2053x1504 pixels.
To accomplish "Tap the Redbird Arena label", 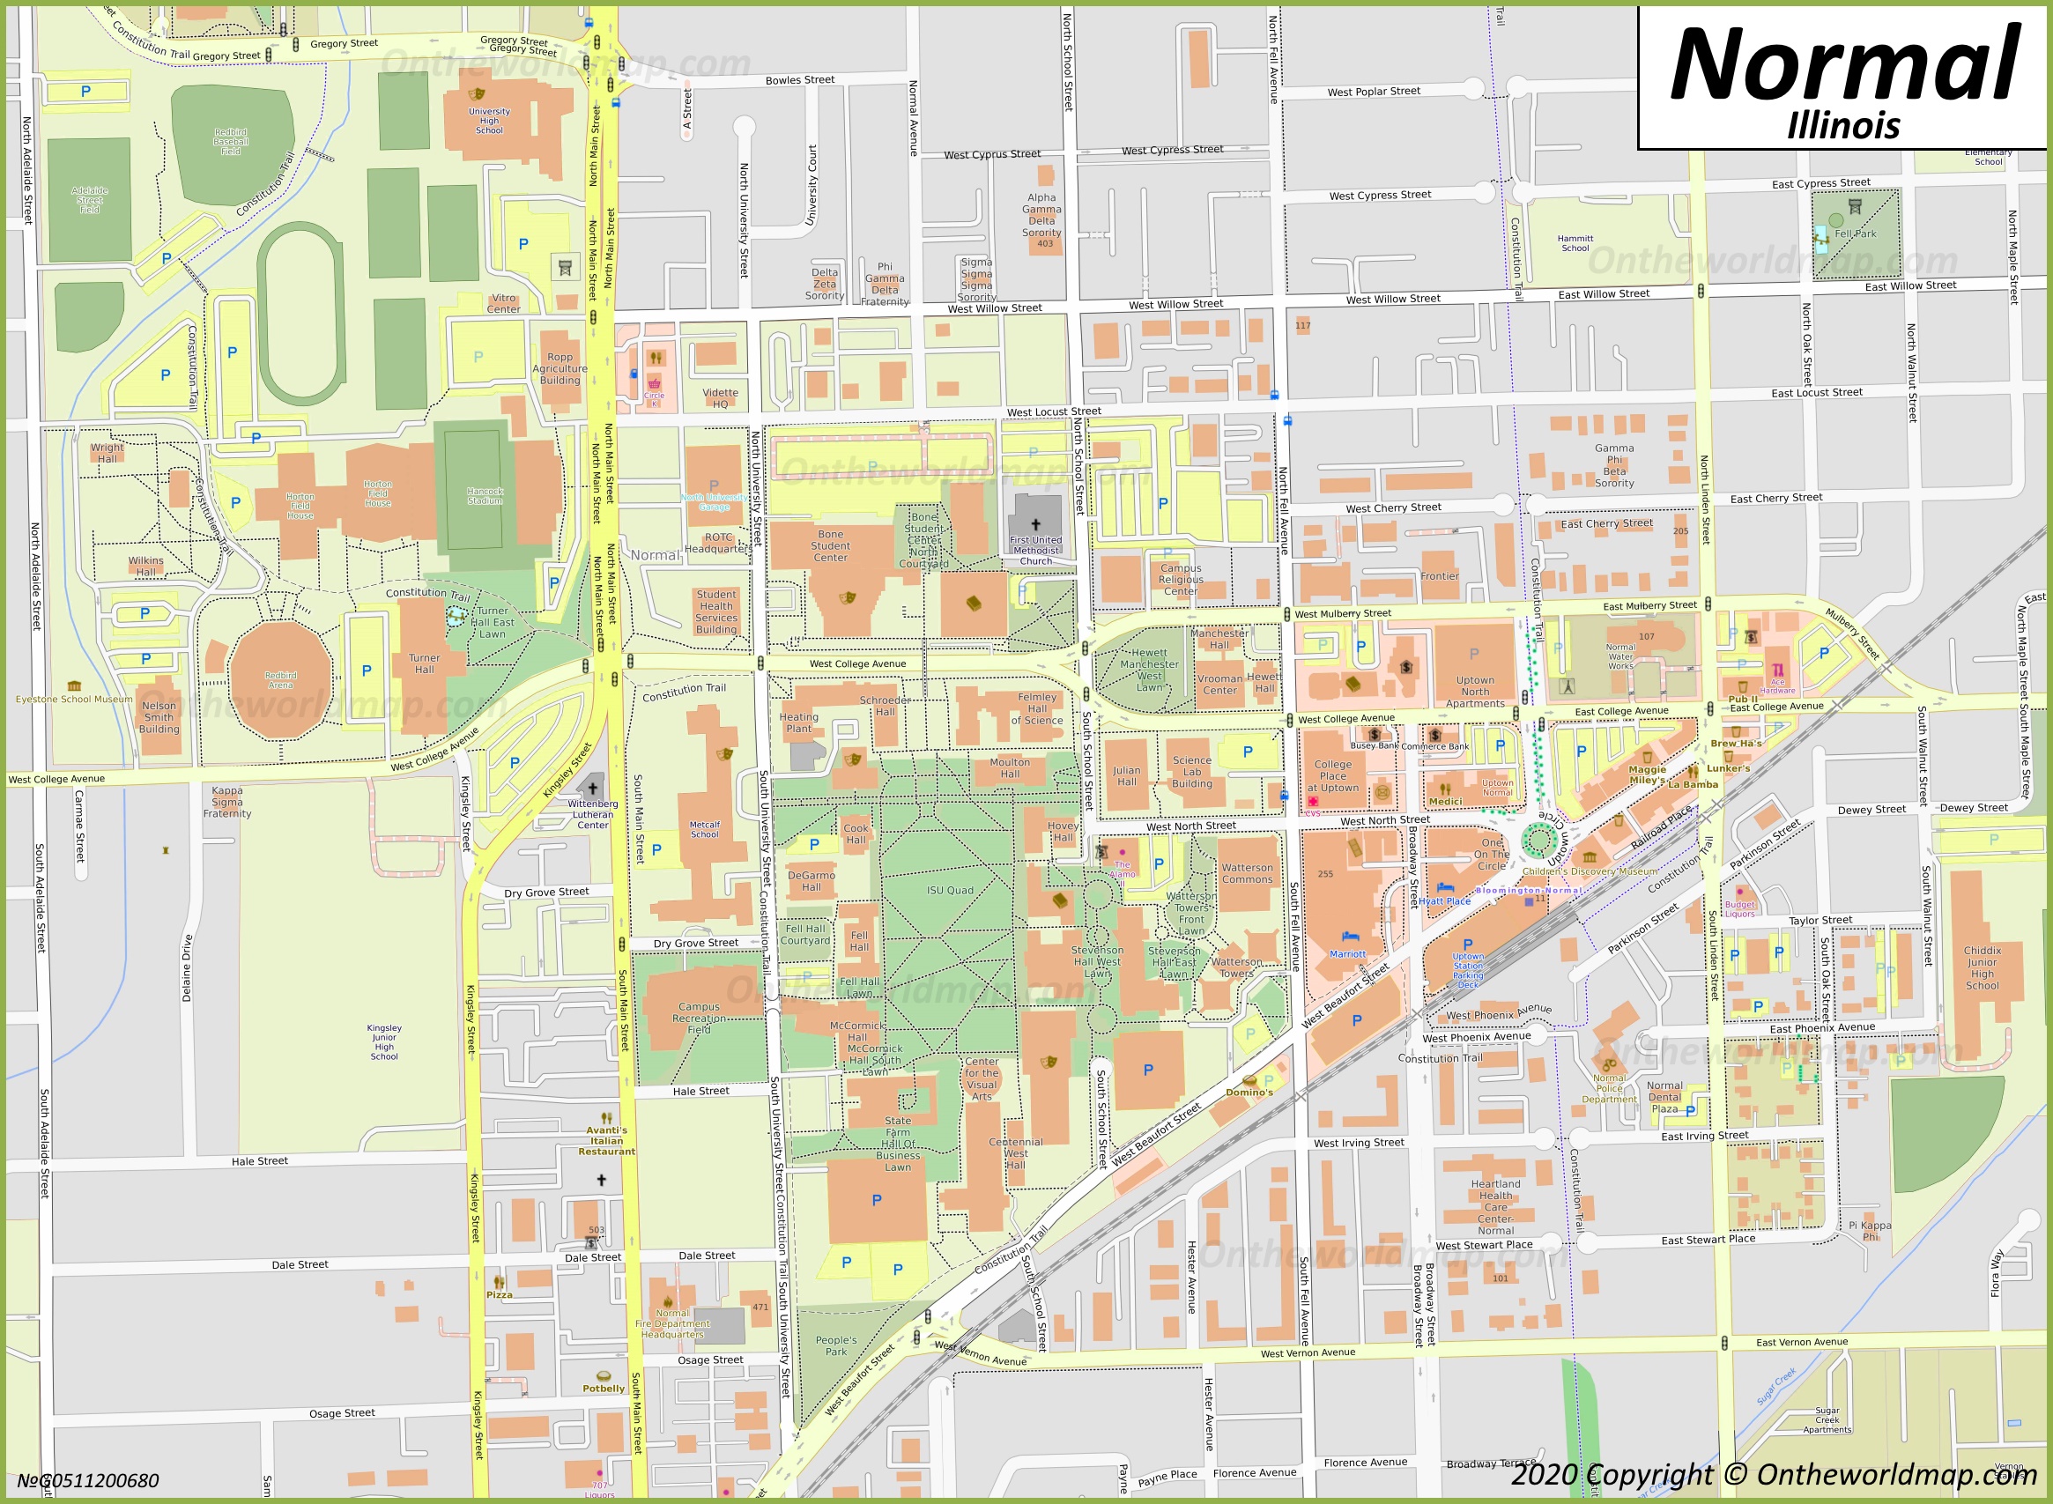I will pos(280,680).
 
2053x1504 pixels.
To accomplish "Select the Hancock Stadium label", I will pos(485,496).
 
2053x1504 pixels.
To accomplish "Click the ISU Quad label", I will pos(950,891).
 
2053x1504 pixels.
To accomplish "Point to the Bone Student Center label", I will pos(829,545).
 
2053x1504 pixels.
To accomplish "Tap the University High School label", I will pos(489,120).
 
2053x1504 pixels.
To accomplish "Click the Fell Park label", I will pos(1855,234).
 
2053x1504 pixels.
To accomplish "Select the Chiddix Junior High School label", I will pos(1982,967).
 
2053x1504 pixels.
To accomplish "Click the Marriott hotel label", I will pos(1346,954).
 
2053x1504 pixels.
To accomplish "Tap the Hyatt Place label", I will pos(1445,901).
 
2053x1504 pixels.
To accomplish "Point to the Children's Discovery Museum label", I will pos(1589,871).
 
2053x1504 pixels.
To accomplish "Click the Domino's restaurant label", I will pos(1249,1092).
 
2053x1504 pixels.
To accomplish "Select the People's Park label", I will pos(836,1345).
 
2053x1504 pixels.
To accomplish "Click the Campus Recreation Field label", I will pos(699,1018).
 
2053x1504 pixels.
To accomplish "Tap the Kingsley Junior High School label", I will pos(384,1041).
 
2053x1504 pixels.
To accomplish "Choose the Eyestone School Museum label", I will pos(74,700).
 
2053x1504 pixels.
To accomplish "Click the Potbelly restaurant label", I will pos(604,1389).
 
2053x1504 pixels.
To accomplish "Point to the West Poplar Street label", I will pos(1373,92).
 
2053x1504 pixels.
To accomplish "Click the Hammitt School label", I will pos(1575,243).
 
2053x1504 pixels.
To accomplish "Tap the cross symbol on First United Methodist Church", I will pos(1035,524).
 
